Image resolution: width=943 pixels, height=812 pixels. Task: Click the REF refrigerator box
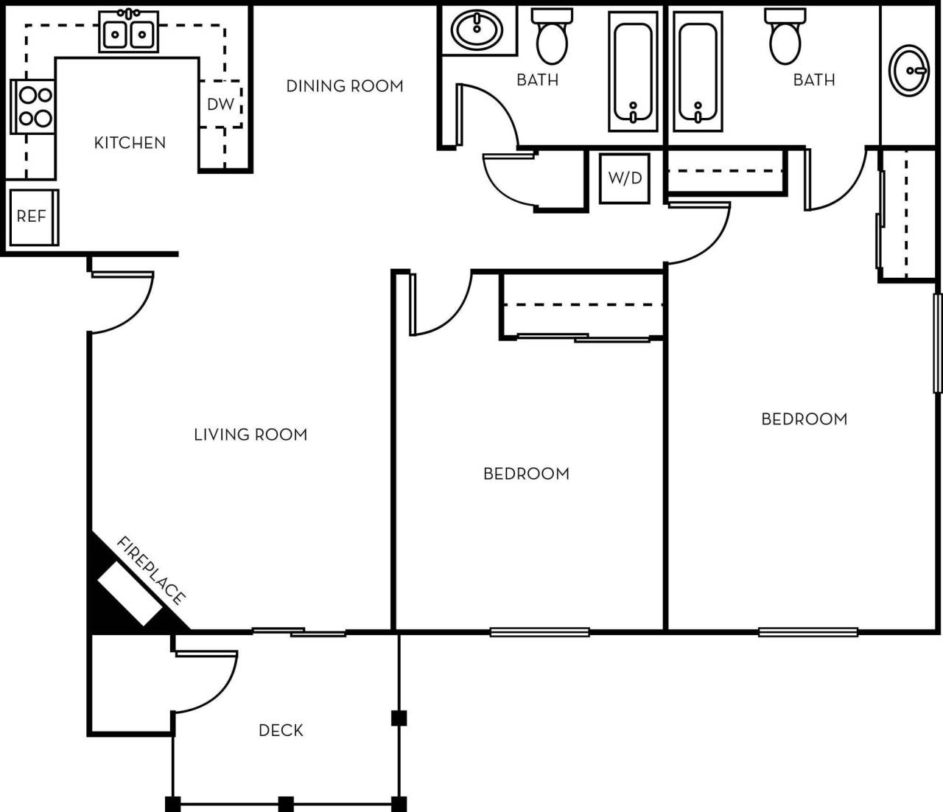point(32,217)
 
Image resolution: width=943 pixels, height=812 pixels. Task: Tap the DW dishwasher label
point(220,105)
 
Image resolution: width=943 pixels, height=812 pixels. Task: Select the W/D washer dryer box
point(625,178)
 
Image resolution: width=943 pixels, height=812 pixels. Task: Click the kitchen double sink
point(129,32)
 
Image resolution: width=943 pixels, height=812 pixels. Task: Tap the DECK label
point(281,730)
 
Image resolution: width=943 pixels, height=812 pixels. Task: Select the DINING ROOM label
point(344,86)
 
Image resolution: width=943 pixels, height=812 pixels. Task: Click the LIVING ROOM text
point(250,435)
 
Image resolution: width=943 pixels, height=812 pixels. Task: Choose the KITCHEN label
point(130,143)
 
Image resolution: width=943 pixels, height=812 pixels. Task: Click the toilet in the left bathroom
point(552,37)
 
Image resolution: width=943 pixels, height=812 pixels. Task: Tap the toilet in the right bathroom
point(785,37)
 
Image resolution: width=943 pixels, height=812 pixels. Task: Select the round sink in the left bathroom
point(477,30)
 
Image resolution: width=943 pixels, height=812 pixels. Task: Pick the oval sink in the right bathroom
point(909,70)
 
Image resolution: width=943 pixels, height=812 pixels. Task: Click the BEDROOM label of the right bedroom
point(804,419)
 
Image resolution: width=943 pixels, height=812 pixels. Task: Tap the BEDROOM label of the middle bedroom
point(526,474)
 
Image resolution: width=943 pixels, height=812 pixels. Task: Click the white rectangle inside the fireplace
point(130,593)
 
